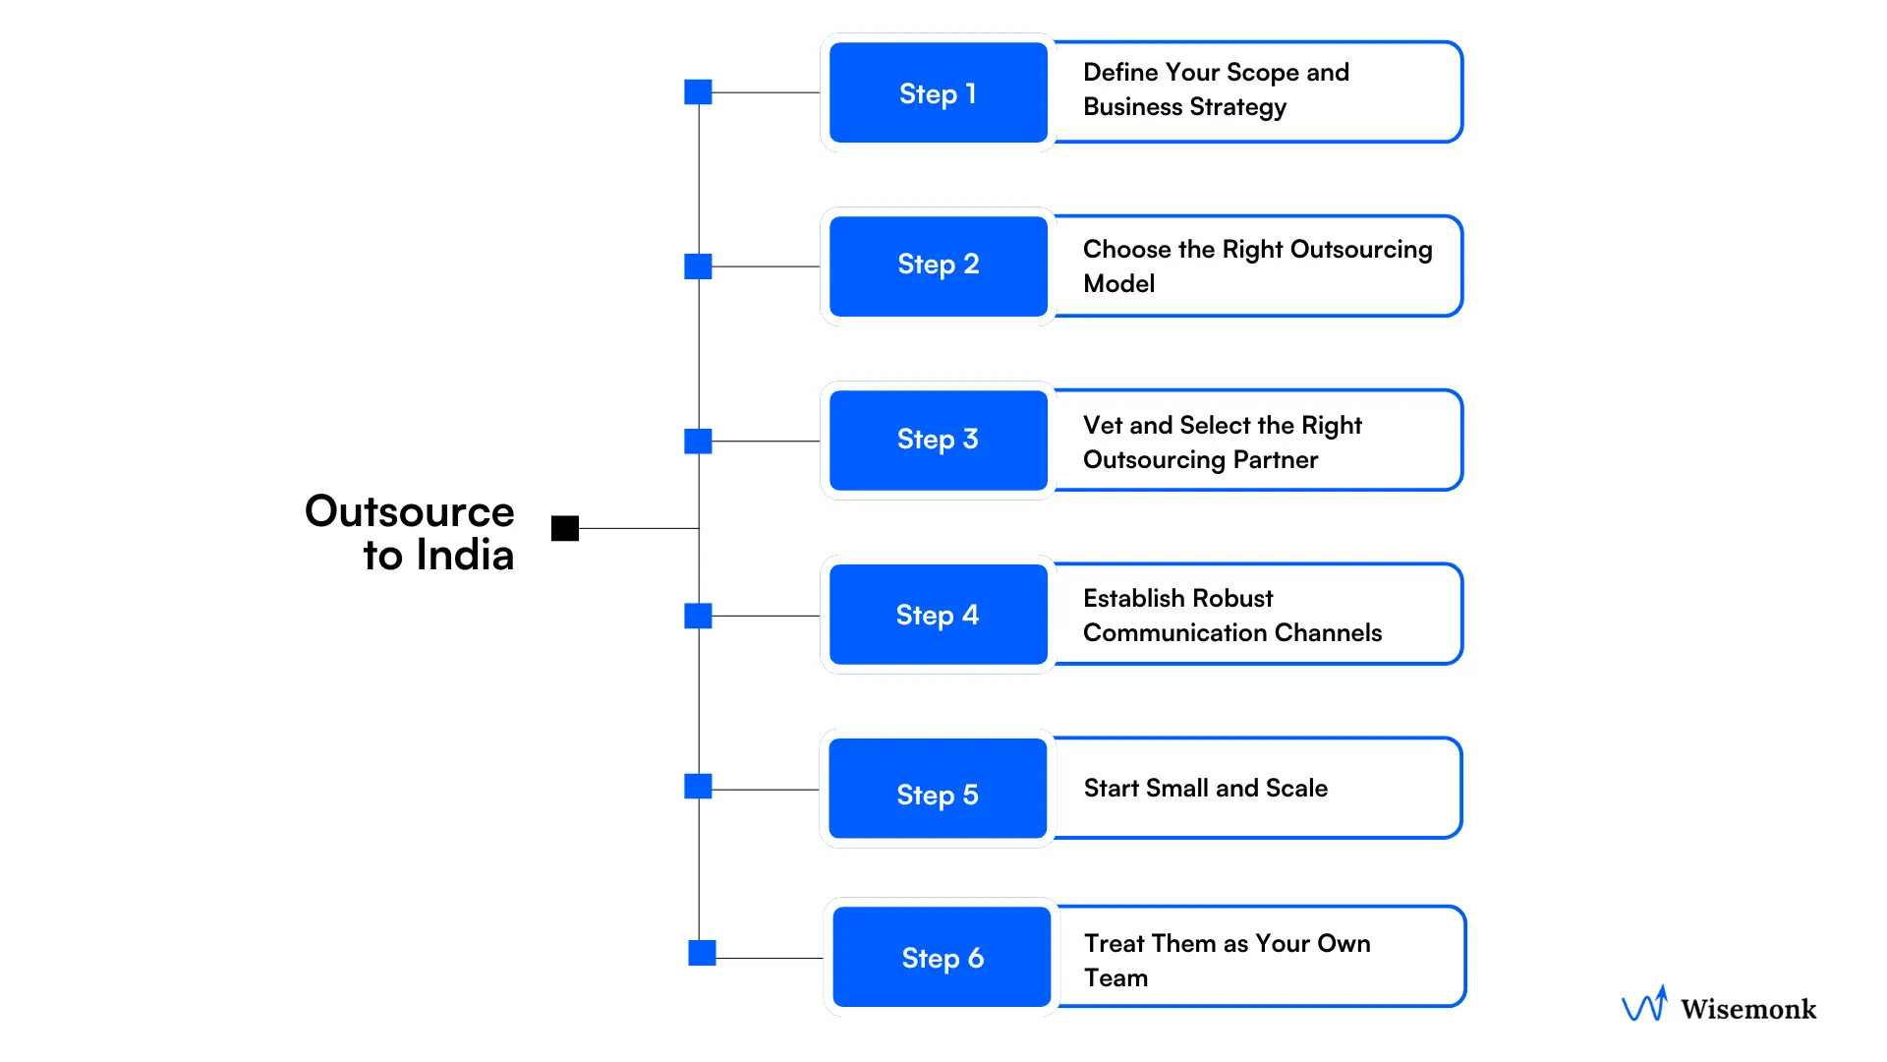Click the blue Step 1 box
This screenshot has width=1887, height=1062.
click(938, 92)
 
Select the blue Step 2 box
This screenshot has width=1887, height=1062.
click(938, 265)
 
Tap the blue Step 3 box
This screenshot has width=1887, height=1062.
click(938, 440)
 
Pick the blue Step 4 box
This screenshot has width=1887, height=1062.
click(938, 615)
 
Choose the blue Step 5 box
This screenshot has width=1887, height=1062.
click(938, 789)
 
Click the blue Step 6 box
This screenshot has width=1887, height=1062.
click(942, 957)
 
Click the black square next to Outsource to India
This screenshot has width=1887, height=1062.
click(565, 528)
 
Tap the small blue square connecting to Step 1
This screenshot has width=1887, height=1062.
click(698, 92)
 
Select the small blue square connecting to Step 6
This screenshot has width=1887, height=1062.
click(702, 953)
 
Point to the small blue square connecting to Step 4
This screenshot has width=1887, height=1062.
click(698, 617)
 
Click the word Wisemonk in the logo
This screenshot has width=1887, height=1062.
click(1747, 1009)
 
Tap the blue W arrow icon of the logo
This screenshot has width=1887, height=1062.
click(1644, 1005)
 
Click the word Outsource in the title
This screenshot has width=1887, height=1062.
click(409, 511)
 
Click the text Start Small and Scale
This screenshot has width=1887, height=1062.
click(1205, 789)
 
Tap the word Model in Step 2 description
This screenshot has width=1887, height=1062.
click(1118, 284)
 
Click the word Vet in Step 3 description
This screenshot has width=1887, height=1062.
click(1102, 425)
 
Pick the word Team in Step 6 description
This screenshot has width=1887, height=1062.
click(1115, 977)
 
